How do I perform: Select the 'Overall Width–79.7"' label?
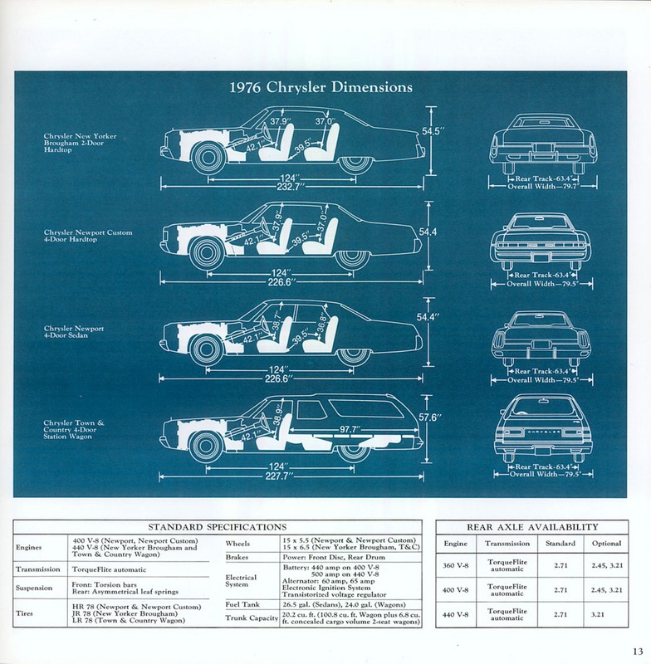click(544, 188)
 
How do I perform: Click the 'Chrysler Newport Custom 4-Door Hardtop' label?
click(88, 237)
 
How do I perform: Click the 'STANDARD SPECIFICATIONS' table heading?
click(217, 526)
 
